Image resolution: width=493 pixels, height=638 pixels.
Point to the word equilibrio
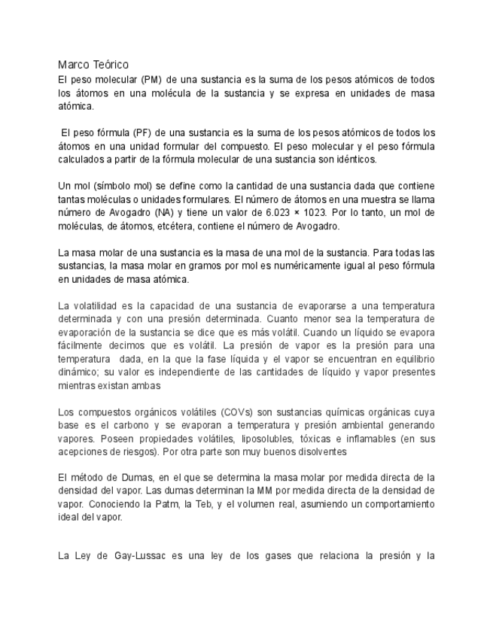pos(410,360)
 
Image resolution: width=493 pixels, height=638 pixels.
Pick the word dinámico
pos(77,372)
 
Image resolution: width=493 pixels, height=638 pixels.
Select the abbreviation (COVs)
pos(239,412)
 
